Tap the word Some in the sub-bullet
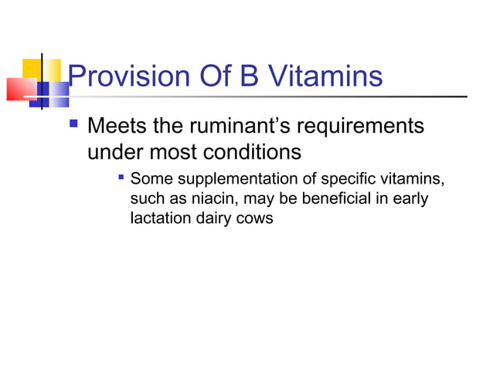(151, 180)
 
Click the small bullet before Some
(121, 179)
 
